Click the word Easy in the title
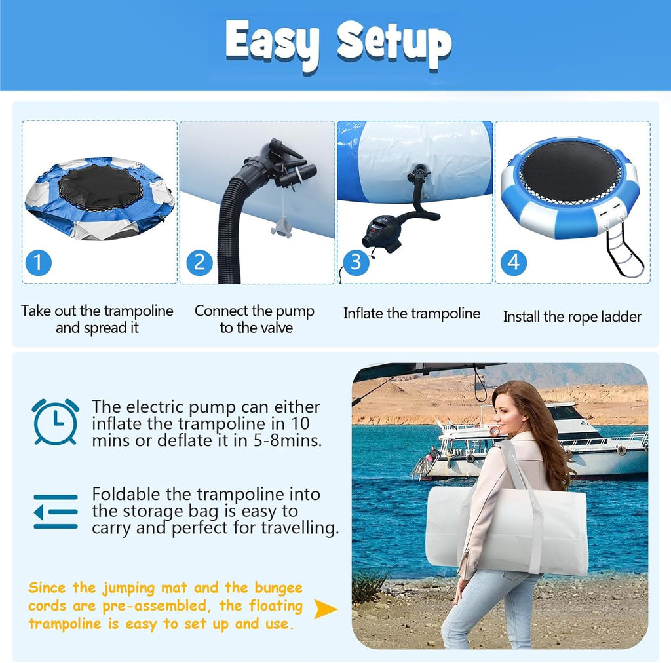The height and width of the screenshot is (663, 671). (272, 44)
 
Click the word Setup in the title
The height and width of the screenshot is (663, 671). (394, 43)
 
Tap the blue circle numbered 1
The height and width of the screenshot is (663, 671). (39, 263)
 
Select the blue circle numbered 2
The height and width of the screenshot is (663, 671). (199, 263)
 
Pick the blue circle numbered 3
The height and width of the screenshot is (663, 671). (356, 263)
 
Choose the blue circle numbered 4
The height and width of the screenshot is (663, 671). (514, 263)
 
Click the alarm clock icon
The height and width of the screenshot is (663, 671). (56, 422)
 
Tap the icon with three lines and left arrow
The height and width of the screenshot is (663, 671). (56, 512)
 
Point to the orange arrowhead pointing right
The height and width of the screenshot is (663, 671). (325, 609)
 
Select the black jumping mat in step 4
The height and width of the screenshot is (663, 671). (570, 171)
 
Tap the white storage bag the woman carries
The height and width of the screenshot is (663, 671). (507, 531)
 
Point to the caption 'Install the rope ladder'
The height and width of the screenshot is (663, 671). (572, 317)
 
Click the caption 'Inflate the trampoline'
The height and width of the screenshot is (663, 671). (412, 314)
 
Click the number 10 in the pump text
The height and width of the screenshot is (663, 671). (300, 423)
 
